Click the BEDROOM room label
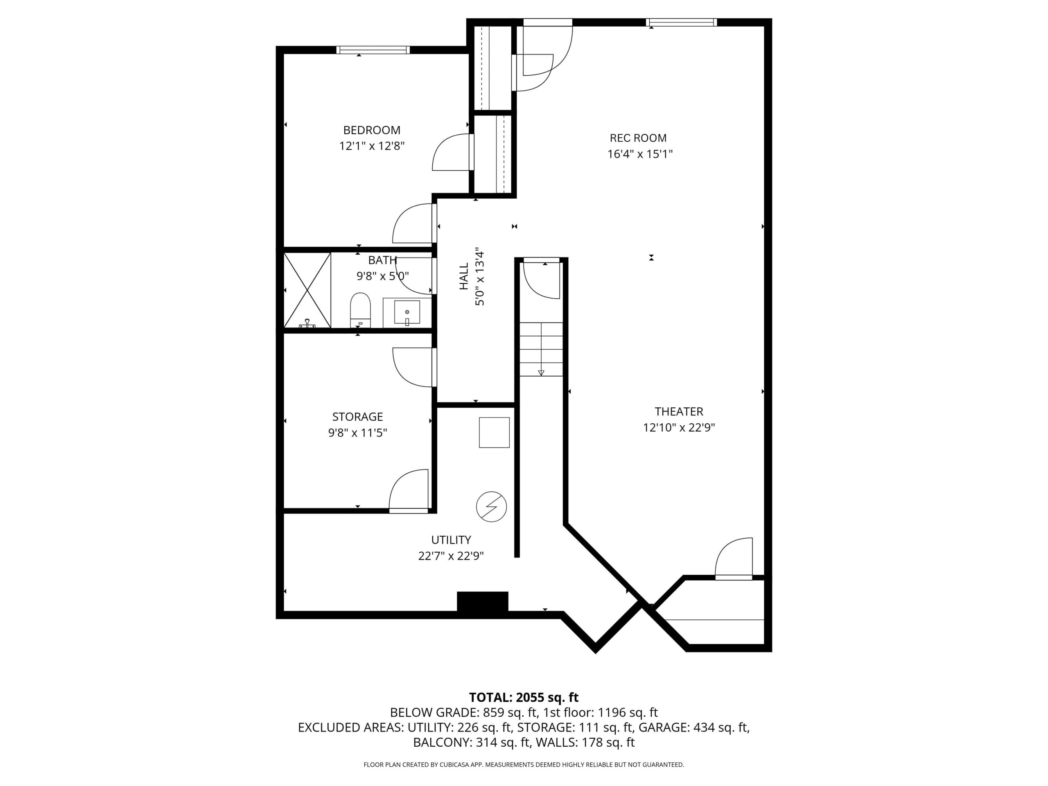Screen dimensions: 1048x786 pos(371,130)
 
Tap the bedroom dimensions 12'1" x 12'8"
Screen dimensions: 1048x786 pos(371,146)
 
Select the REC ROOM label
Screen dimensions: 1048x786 pos(638,138)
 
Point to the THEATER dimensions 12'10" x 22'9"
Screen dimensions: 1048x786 pos(678,427)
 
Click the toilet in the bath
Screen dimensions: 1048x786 pos(360,310)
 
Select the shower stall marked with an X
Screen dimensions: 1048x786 pos(307,290)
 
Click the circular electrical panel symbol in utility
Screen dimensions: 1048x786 pos(491,507)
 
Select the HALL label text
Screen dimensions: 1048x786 pos(464,276)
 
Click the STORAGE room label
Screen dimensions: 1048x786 pos(357,416)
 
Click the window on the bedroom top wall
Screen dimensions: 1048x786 pos(373,50)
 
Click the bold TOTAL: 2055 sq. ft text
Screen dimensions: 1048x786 pos(524,698)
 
